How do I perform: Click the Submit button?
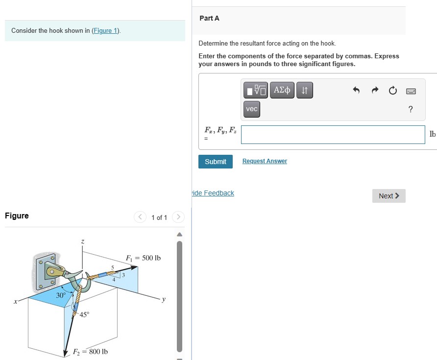pos(215,162)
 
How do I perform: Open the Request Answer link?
pos(265,161)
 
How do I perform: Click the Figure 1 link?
pos(106,30)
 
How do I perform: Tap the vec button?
pos(252,109)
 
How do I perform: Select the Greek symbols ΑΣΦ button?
pos(282,90)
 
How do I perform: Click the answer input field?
pos(333,135)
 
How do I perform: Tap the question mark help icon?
pos(411,109)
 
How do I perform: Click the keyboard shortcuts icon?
pos(411,91)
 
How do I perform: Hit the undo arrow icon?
pos(356,91)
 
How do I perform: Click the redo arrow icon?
pos(375,91)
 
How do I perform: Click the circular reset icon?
pos(392,91)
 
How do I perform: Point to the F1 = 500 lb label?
pos(143,258)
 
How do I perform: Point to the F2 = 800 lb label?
pos(90,352)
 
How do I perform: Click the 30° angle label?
pos(61,295)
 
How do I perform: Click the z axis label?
pos(83,241)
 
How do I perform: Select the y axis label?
pos(164,299)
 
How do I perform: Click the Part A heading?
pos(209,18)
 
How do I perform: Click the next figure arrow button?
pos(178,217)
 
